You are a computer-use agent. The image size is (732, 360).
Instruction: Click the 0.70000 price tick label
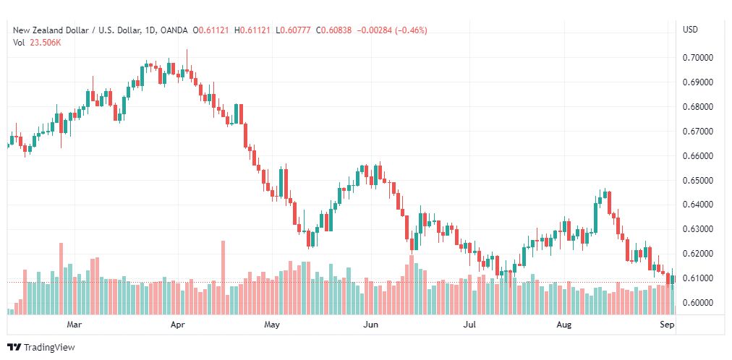click(x=698, y=58)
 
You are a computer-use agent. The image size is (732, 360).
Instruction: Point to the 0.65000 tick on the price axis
click(x=698, y=180)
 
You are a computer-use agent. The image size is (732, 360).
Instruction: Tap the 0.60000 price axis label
click(x=698, y=302)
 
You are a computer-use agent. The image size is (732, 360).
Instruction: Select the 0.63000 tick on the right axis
click(x=698, y=229)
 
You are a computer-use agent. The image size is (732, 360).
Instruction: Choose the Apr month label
click(x=178, y=325)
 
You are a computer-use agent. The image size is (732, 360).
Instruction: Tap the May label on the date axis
click(x=272, y=325)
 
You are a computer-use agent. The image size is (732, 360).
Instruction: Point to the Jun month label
click(x=370, y=325)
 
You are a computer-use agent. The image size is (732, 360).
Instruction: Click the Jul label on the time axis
click(x=469, y=325)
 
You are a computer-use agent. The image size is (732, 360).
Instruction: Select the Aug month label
click(x=564, y=325)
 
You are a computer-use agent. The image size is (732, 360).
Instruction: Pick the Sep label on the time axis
click(x=668, y=325)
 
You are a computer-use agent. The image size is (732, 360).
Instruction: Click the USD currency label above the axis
click(x=690, y=30)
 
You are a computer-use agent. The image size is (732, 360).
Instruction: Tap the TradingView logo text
click(x=48, y=348)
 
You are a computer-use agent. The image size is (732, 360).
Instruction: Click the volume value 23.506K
click(x=46, y=42)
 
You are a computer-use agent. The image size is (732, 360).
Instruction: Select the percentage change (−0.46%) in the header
click(x=410, y=30)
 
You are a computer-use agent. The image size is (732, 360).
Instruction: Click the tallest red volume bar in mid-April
click(x=224, y=278)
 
